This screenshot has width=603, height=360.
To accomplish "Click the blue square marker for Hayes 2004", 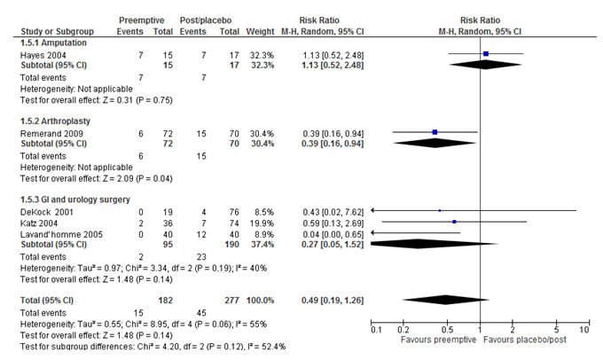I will click(x=486, y=55).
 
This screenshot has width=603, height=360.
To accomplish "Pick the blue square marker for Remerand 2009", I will click(x=435, y=133).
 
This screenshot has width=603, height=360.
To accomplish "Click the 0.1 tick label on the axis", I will click(x=376, y=330).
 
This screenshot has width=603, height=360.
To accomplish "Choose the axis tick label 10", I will click(x=583, y=330).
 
